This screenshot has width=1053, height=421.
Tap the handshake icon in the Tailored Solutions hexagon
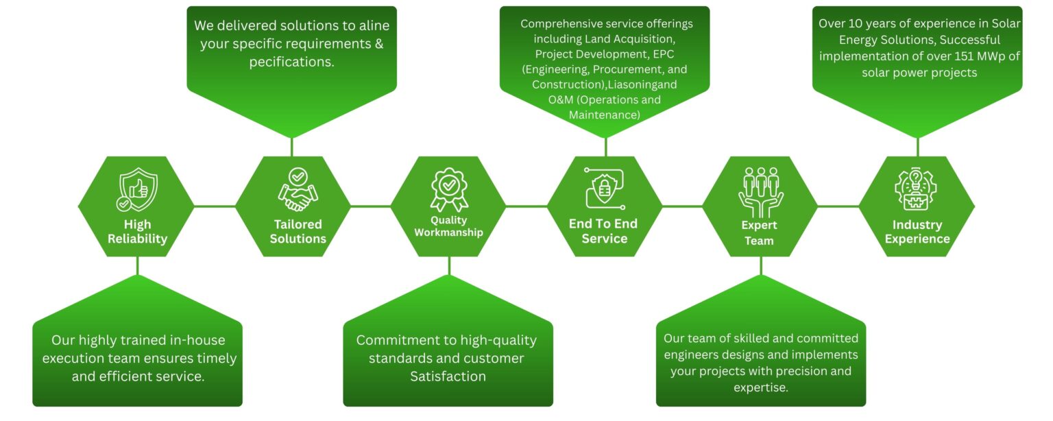pyautogui.click(x=298, y=190)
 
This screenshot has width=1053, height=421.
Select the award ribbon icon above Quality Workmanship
pyautogui.click(x=448, y=189)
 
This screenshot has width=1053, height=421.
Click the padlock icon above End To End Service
pyautogui.click(x=603, y=189)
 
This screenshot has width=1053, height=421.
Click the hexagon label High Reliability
pyautogui.click(x=137, y=232)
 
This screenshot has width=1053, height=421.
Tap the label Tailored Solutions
pyautogui.click(x=298, y=232)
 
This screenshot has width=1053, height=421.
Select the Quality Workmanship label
pyautogui.click(x=448, y=226)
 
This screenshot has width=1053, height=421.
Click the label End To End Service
pyautogui.click(x=604, y=231)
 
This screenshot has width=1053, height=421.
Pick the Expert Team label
pyautogui.click(x=759, y=233)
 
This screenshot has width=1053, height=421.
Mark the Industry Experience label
pyautogui.click(x=917, y=232)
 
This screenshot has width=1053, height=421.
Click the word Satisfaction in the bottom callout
pyautogui.click(x=448, y=376)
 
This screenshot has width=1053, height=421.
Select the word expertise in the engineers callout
pyautogui.click(x=760, y=389)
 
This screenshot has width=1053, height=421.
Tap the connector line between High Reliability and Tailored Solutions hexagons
pyautogui.click(x=215, y=206)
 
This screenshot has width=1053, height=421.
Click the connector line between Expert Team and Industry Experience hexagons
pyautogui.click(x=838, y=206)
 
